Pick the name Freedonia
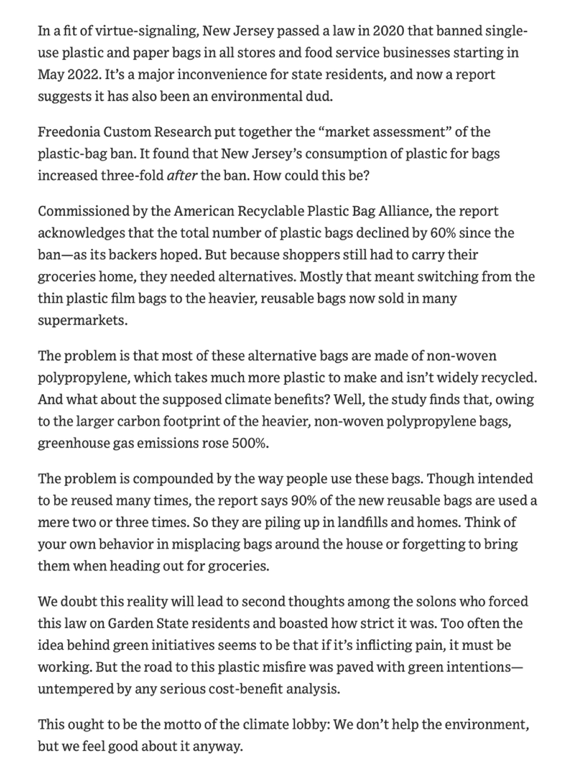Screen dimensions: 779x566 coord(68,132)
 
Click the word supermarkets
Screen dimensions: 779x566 coord(82,320)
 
